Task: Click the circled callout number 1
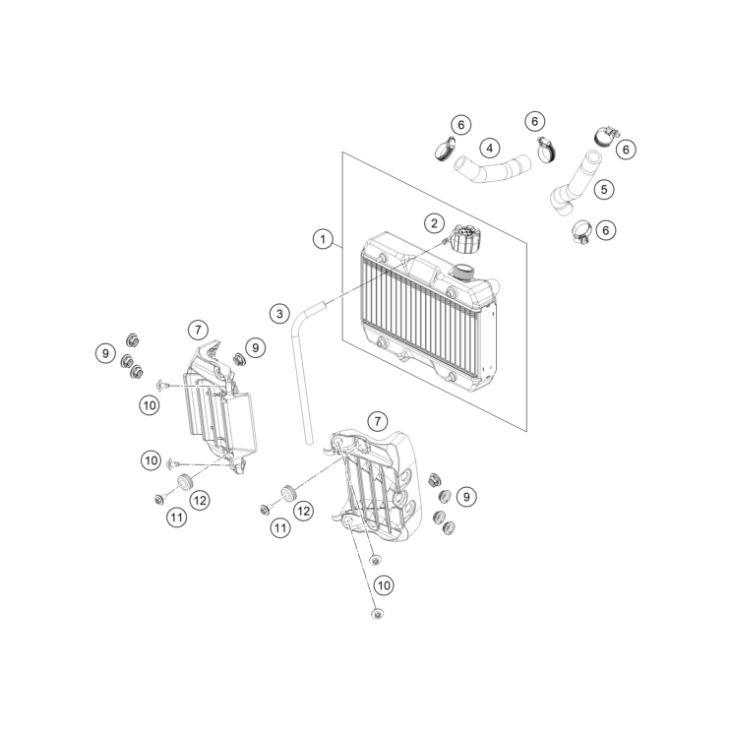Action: tap(323, 239)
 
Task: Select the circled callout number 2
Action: tap(434, 223)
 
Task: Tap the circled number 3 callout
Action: tap(279, 313)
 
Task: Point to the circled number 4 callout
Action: tap(490, 149)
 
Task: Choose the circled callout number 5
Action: tap(604, 189)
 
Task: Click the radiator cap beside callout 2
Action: tap(463, 239)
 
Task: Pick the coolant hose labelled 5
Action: tap(579, 185)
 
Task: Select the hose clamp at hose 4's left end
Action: tap(446, 149)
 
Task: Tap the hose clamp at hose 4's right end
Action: tap(546, 151)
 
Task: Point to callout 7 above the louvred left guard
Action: tap(198, 330)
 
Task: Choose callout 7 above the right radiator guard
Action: tap(378, 422)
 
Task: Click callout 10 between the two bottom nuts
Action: tap(384, 585)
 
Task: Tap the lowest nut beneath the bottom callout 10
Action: tap(377, 614)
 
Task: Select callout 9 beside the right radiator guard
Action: tap(466, 497)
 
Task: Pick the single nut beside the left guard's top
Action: tap(239, 359)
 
